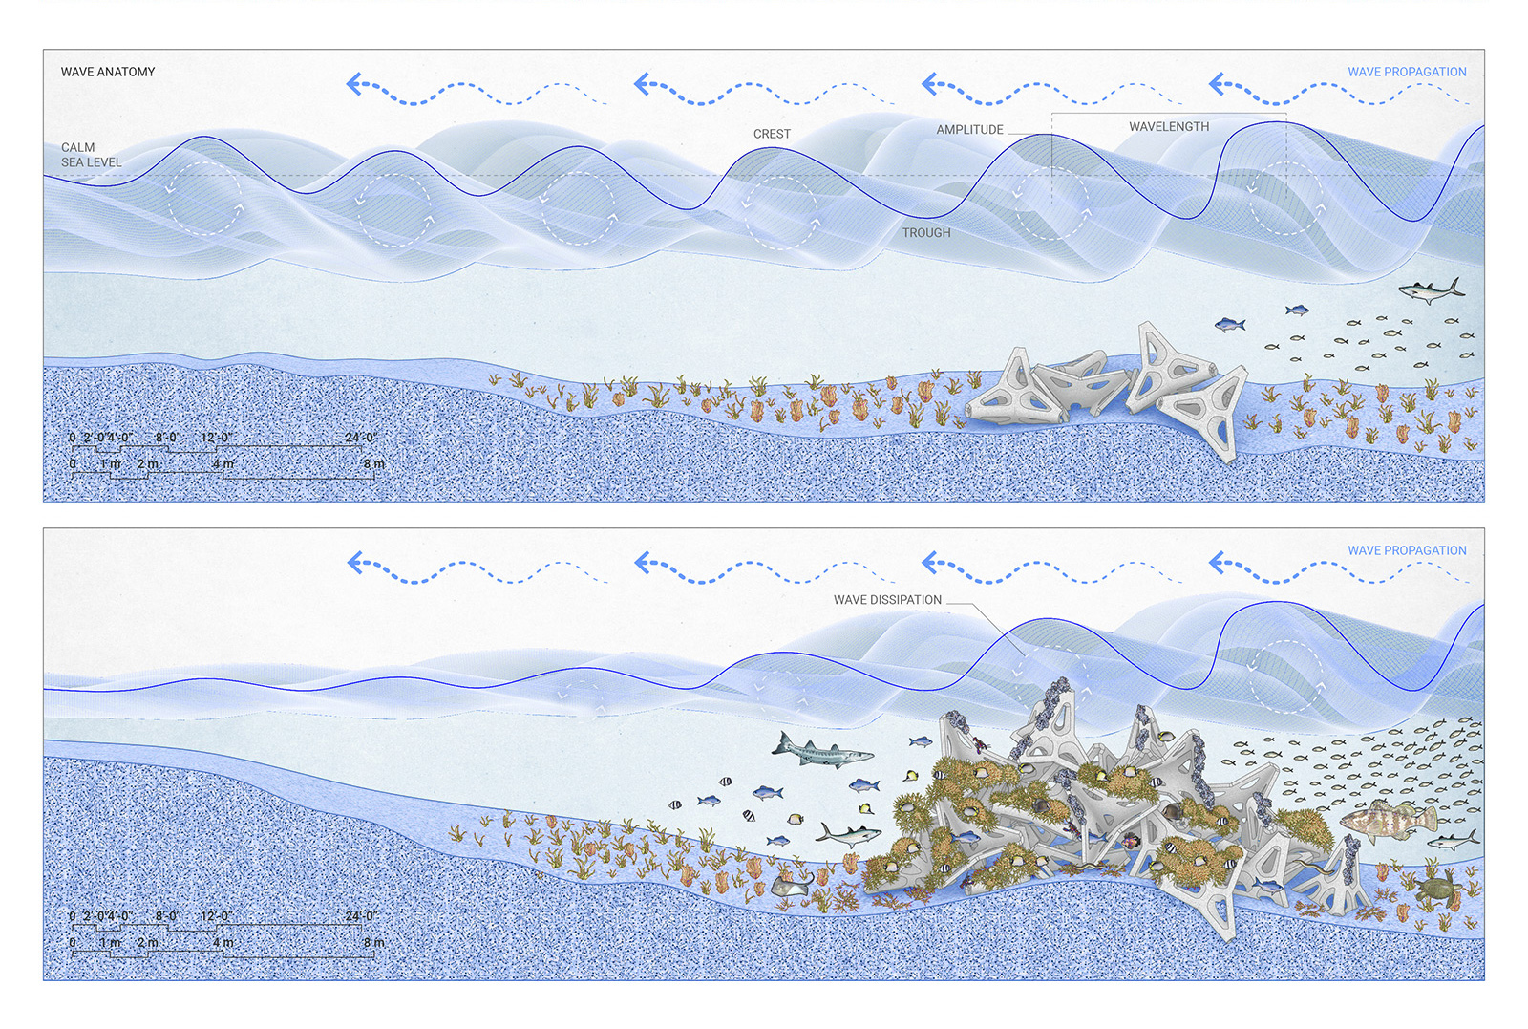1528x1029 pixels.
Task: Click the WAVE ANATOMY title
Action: (x=108, y=72)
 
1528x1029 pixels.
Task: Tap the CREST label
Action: (x=772, y=134)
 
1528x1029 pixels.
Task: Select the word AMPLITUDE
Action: (x=969, y=130)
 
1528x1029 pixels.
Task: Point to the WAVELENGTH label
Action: (x=1169, y=127)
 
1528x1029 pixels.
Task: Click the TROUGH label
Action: (x=925, y=233)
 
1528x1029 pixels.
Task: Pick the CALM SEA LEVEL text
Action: (x=92, y=155)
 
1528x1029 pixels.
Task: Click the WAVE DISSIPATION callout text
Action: (x=887, y=600)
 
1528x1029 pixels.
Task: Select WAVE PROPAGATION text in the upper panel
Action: (x=1407, y=72)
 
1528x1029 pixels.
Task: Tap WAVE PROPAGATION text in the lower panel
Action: (x=1407, y=550)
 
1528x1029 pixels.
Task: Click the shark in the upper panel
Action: (x=1432, y=290)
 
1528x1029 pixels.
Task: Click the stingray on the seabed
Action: (x=792, y=886)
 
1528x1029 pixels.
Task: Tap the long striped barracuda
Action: (x=822, y=751)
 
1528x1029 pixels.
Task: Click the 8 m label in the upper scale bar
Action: (x=373, y=464)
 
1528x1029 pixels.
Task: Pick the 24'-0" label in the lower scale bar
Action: (x=361, y=915)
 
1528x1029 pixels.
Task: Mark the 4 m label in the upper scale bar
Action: (x=223, y=464)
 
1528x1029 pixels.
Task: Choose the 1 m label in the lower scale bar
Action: (x=111, y=943)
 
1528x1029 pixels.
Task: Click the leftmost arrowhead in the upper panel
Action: (x=354, y=84)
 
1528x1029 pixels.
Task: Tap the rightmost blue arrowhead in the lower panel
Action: (x=1217, y=563)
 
